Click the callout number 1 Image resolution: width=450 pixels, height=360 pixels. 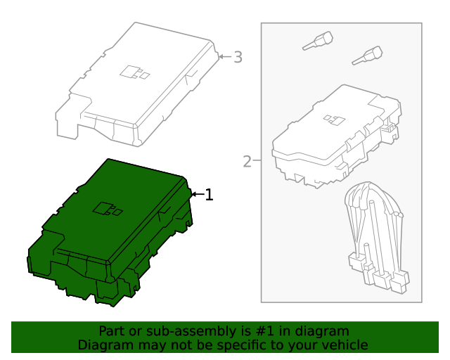point(209,195)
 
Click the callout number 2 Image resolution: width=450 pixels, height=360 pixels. point(247,162)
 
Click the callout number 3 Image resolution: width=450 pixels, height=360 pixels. point(238,57)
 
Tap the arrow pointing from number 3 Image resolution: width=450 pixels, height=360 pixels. point(225,56)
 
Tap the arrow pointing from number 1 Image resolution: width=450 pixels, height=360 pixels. point(198,194)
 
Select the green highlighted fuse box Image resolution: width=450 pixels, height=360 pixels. point(110,233)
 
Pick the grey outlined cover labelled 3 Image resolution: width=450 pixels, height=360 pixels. point(136,84)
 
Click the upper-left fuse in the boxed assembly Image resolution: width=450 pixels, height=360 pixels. point(318,41)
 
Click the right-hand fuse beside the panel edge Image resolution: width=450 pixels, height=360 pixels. point(367,56)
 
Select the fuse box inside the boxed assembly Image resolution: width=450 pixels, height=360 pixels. point(336,136)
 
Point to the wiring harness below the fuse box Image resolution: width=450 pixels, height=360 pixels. point(377,237)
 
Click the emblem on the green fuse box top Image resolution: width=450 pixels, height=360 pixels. point(108,209)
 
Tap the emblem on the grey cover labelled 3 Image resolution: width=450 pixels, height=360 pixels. point(134,72)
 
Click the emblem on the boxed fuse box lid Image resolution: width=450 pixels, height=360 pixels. point(334,120)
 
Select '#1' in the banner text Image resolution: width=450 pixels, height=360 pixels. point(264,331)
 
